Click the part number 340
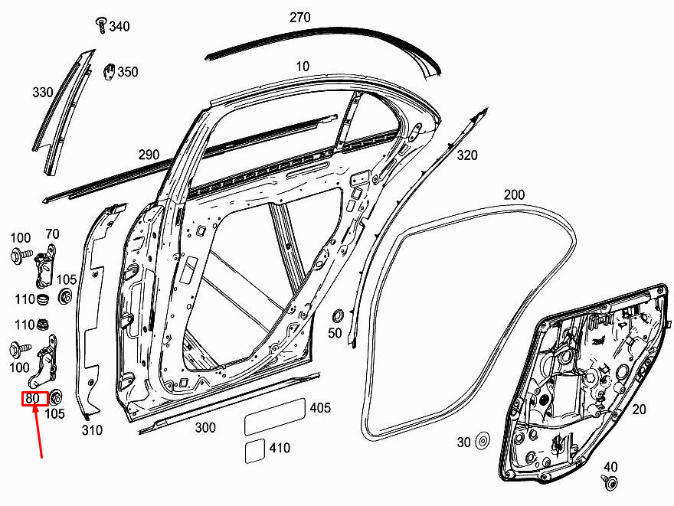119,26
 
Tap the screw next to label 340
101,25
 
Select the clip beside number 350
110,72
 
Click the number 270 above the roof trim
299,18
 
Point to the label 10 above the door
303,67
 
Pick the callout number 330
43,92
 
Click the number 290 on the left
149,154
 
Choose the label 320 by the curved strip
466,155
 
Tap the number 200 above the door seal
514,194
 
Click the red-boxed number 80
33,399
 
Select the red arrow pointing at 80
38,432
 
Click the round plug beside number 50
339,315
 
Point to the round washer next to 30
483,441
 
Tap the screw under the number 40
610,482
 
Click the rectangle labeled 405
275,416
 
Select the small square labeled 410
254,451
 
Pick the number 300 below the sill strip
205,427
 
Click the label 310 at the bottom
92,429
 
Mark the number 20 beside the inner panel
639,410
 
